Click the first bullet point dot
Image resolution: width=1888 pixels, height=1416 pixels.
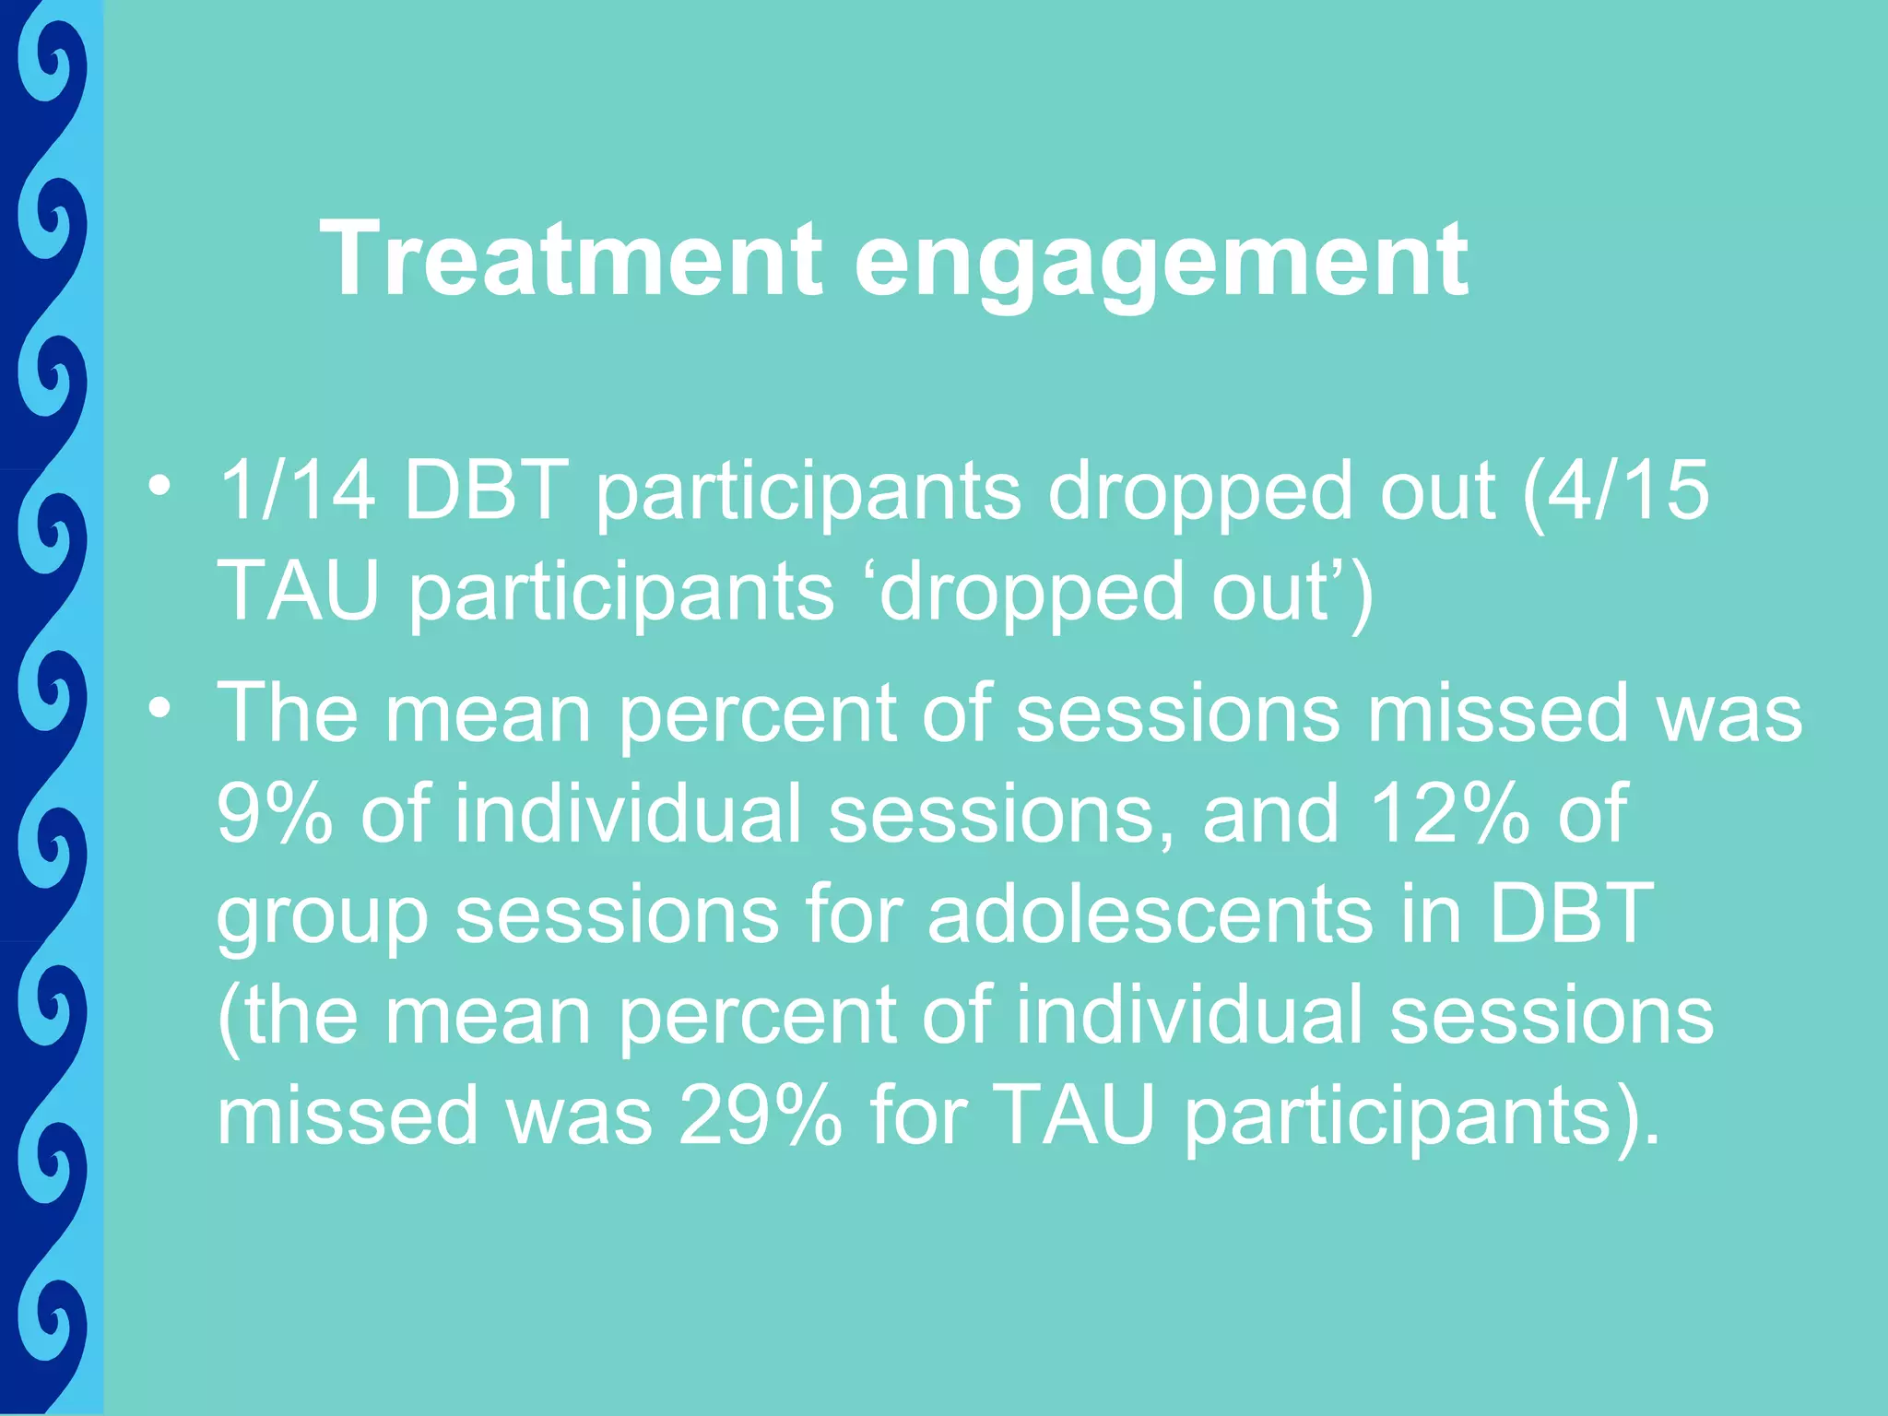160,485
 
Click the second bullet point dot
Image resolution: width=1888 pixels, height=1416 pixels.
160,708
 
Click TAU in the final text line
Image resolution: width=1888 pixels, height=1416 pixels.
1075,1115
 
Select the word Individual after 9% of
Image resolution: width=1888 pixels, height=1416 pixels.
628,813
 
